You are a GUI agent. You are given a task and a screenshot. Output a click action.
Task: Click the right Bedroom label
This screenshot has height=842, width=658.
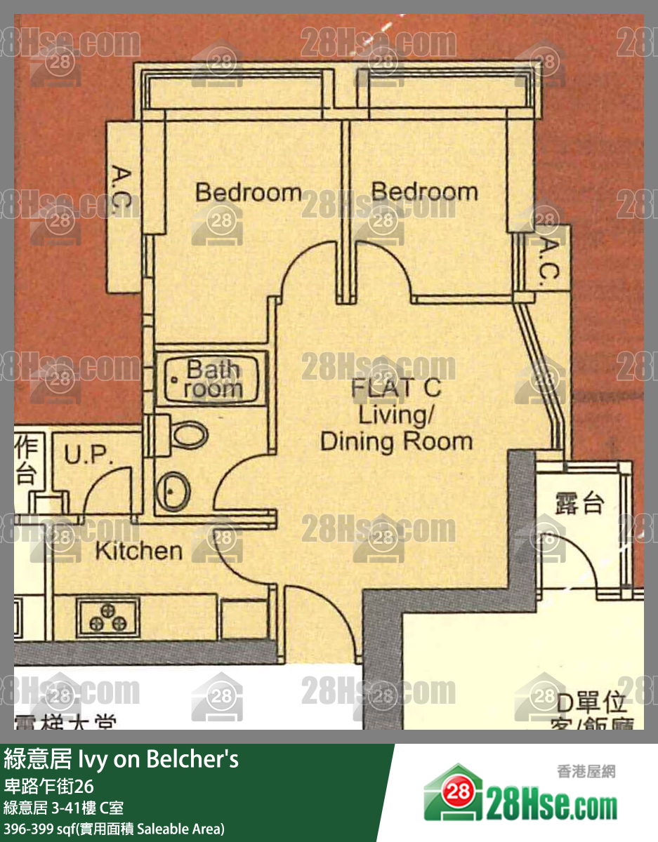coord(424,191)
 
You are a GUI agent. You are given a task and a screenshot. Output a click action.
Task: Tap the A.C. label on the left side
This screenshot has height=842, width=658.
coord(122,189)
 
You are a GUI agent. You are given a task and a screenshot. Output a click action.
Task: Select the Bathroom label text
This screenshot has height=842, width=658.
coord(213,379)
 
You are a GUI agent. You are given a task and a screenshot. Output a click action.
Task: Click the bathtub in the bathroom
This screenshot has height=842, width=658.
coord(211,379)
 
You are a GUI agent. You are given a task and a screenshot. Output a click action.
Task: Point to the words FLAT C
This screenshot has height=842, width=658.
coord(396,387)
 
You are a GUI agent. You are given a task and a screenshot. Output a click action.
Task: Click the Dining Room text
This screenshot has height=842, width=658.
coord(396,441)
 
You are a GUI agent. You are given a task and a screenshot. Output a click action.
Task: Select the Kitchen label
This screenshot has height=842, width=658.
coord(138,551)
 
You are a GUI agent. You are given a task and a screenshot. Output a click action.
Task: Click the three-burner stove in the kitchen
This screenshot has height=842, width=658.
coord(107,615)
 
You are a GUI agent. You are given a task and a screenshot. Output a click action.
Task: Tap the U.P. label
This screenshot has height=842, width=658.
coord(89,456)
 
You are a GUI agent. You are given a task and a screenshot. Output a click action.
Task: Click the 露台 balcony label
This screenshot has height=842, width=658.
coord(579,502)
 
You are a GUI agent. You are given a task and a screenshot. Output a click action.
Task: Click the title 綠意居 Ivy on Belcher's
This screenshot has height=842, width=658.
coord(121,759)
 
